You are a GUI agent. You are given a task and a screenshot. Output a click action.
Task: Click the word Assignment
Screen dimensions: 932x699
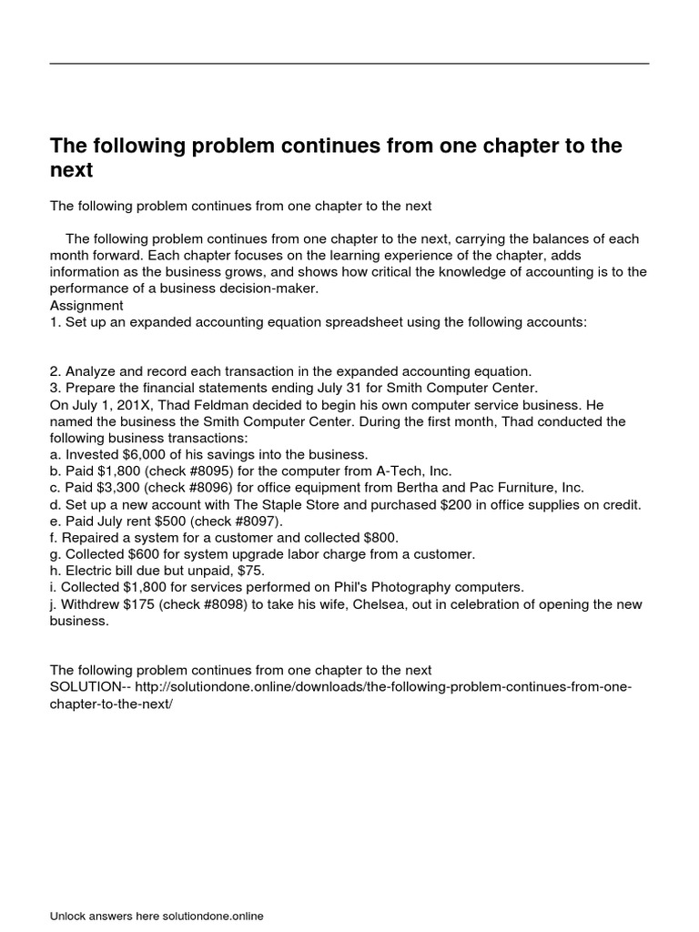tap(86, 306)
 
